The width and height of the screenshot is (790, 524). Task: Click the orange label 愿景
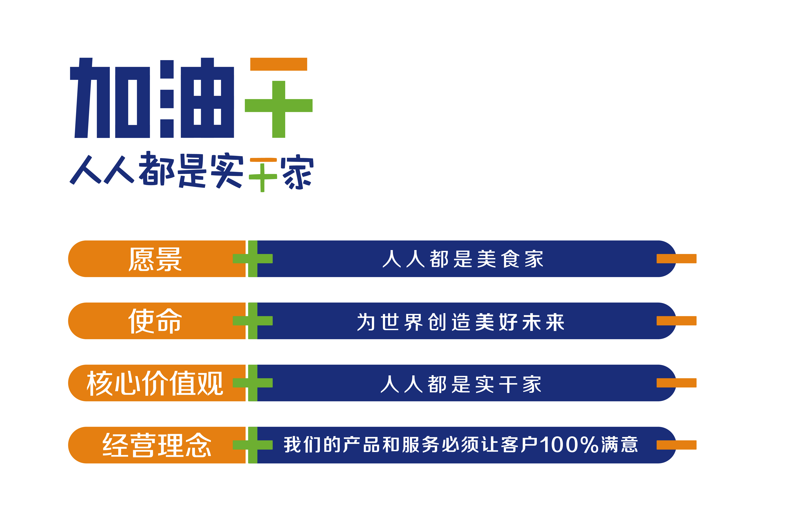(x=155, y=259)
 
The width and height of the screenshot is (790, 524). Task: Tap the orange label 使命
(x=155, y=321)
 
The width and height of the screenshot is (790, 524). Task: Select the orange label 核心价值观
(x=155, y=383)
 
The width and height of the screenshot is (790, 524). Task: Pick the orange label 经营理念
(x=157, y=445)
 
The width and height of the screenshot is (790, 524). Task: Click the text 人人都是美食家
(x=463, y=259)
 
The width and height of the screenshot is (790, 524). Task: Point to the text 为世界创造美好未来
(x=461, y=322)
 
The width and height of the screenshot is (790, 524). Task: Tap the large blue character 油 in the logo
(x=197, y=98)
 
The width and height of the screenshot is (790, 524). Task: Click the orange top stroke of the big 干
(x=279, y=64)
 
